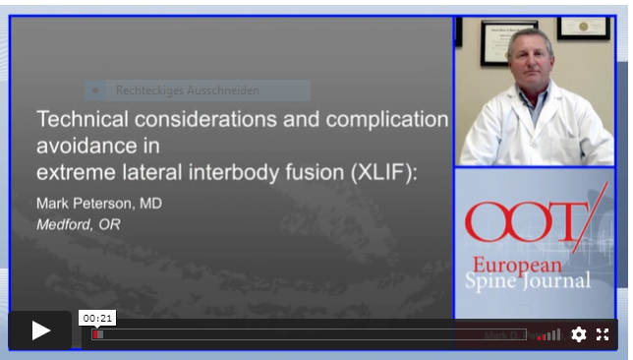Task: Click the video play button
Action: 40,330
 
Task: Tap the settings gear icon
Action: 579,334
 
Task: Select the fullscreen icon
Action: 603,334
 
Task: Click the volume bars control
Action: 548,334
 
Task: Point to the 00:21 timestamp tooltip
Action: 98,318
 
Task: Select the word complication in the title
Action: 384,120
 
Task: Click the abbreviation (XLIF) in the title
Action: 384,173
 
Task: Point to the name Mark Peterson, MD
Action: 99,204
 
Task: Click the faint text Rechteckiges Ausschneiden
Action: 188,90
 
